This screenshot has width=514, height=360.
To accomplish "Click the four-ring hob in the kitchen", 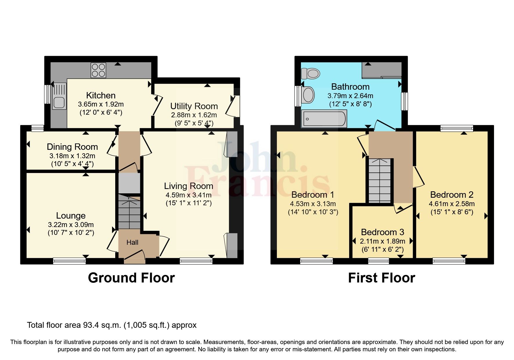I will [x=98, y=70].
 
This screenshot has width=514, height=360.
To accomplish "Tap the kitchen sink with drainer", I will [x=59, y=96].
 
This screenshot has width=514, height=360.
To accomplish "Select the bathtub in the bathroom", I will [x=324, y=119].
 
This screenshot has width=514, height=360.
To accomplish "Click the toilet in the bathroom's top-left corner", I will [x=310, y=73].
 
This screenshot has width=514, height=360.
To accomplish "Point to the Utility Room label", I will [x=194, y=106].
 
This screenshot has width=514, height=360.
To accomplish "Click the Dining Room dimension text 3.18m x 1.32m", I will [x=72, y=156].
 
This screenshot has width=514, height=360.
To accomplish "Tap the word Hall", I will [x=132, y=242].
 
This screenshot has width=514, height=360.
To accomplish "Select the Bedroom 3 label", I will [x=383, y=232].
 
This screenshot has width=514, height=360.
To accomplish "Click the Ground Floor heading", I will [x=131, y=278].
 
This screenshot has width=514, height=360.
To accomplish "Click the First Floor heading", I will [x=381, y=278].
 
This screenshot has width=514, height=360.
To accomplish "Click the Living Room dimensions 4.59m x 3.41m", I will [x=188, y=195].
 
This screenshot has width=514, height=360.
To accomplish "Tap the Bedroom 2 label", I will [x=452, y=195].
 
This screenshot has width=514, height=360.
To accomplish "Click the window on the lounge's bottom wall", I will [x=69, y=261].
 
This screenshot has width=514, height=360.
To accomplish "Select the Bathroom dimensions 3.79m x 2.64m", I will [x=350, y=96].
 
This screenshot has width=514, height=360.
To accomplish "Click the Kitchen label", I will [x=101, y=95].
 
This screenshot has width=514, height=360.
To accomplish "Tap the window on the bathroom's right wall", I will [x=404, y=101].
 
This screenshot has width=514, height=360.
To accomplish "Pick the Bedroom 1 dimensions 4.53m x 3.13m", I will [x=313, y=204].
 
